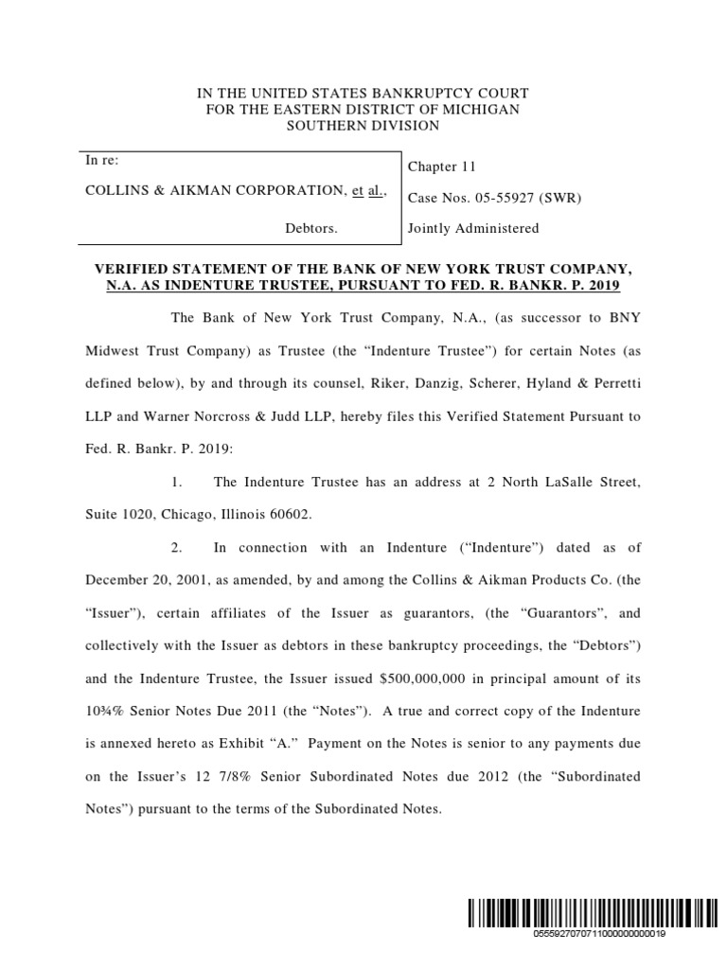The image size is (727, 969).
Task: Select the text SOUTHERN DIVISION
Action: click(363, 126)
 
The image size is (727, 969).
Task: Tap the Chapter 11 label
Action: click(441, 167)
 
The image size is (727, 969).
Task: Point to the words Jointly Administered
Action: click(473, 228)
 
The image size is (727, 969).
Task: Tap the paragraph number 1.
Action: click(176, 483)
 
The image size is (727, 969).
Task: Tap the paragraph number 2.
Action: click(176, 547)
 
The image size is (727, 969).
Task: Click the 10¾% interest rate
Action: click(105, 710)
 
